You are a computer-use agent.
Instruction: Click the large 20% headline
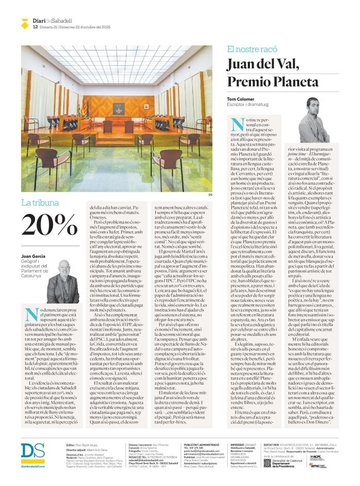click(50, 224)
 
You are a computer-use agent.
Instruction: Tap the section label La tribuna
click(40, 203)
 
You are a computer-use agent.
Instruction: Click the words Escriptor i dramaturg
click(245, 105)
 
